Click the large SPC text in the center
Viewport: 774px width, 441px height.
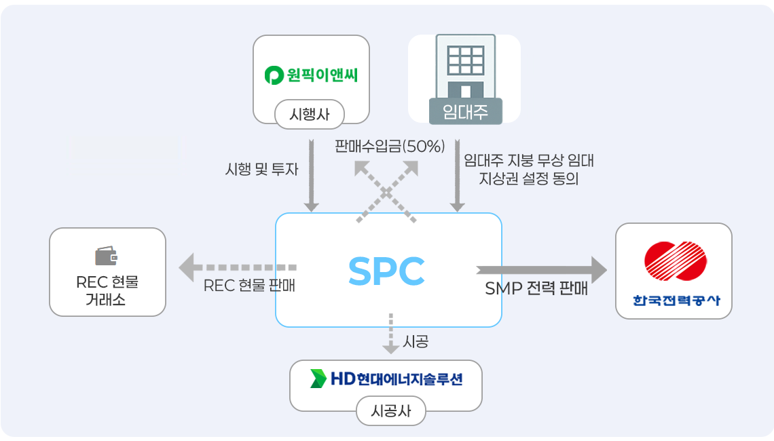[x=386, y=271]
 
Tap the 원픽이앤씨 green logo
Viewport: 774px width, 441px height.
[x=311, y=75]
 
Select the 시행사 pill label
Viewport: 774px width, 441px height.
[x=310, y=113]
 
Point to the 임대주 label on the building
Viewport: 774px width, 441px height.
[x=465, y=112]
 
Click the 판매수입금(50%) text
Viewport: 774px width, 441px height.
[x=390, y=146]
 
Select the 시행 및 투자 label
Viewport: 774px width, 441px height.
[x=261, y=170]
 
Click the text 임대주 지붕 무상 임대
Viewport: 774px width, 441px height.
[x=529, y=161]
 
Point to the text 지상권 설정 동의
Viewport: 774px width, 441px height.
[x=529, y=180]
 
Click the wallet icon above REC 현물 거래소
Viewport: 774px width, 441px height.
[x=107, y=256]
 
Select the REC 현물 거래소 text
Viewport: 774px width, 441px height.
[x=107, y=290]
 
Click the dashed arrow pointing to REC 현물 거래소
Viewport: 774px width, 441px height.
[x=238, y=267]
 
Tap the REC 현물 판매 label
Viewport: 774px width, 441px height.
[x=249, y=286]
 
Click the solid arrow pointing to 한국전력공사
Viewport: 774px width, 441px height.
[x=541, y=269]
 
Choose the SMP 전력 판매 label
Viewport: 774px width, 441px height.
[x=536, y=288]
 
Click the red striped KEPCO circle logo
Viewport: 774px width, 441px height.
[x=674, y=261]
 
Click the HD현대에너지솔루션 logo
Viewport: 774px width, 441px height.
[x=386, y=379]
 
